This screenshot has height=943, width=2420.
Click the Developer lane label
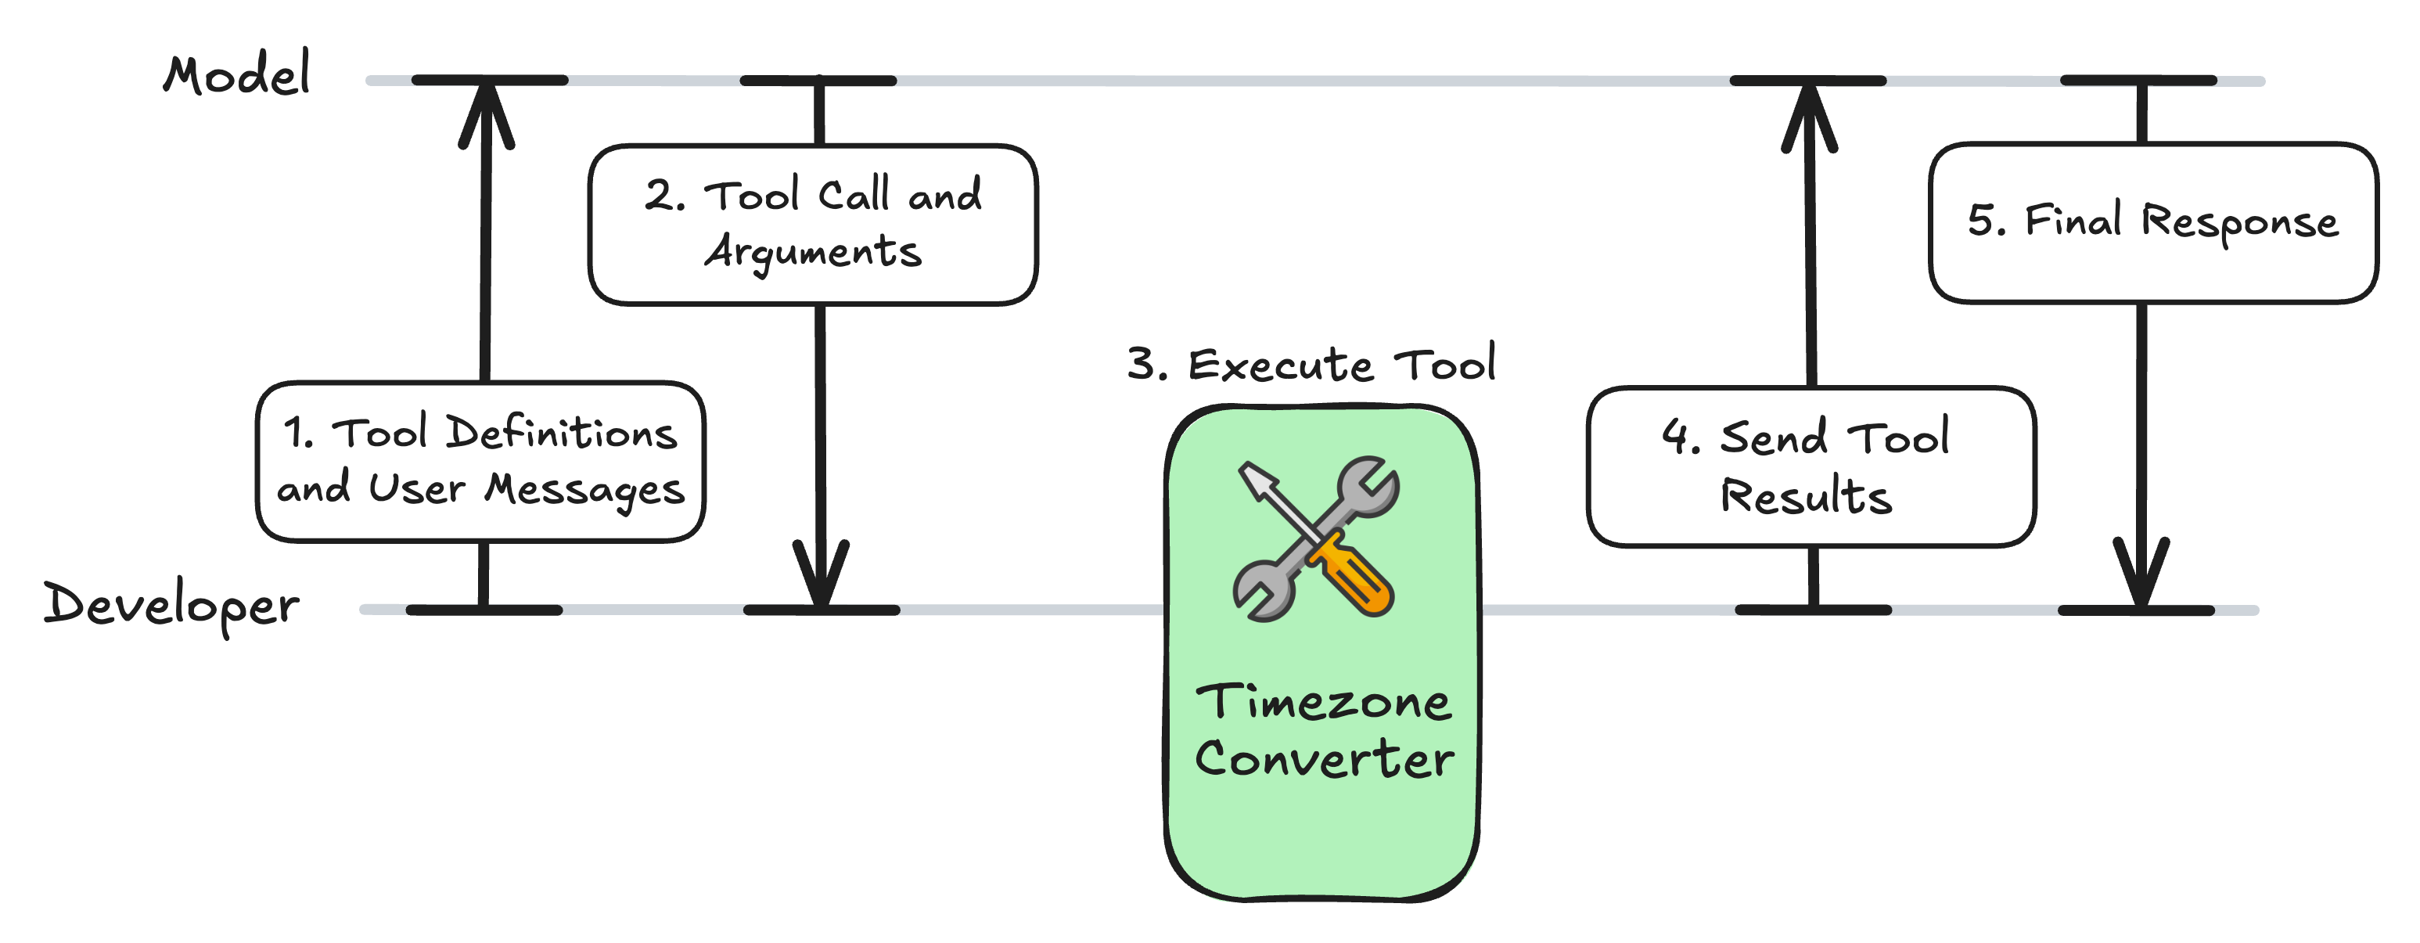171,605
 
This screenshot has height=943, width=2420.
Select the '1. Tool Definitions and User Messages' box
481,461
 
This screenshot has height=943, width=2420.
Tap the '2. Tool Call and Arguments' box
814,225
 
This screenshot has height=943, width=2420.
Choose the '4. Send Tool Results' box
1811,466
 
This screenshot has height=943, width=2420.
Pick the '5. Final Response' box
2153,222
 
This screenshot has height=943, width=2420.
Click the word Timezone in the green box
1323,703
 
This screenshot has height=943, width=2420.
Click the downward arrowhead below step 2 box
821,573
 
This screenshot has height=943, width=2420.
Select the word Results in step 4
1806,496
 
